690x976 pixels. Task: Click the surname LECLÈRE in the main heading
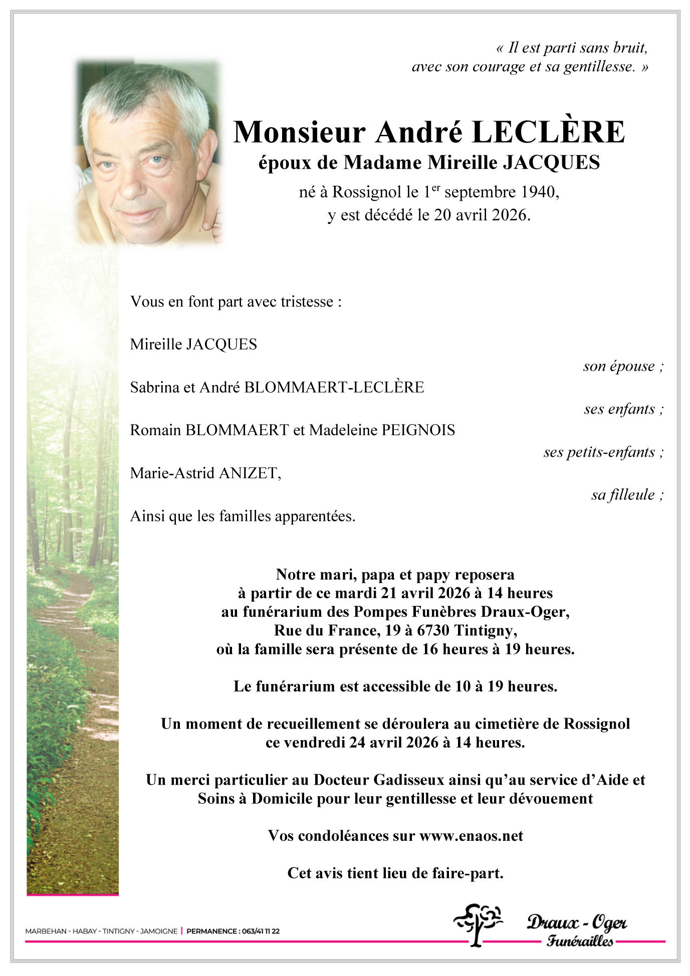tap(548, 132)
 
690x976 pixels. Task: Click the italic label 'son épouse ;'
tap(623, 366)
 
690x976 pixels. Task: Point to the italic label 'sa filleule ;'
tap(627, 495)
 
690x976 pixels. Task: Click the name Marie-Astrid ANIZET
tap(205, 473)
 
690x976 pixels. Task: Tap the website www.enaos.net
tap(471, 836)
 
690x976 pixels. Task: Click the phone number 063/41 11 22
tap(261, 931)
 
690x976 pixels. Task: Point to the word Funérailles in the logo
tap(580, 941)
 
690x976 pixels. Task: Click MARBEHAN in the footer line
tap(46, 931)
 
